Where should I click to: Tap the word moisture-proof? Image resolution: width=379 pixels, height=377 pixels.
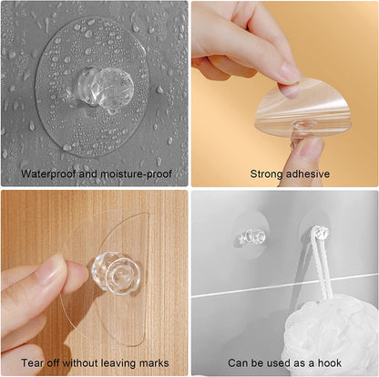click(x=136, y=174)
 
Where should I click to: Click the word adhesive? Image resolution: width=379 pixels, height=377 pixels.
click(x=308, y=173)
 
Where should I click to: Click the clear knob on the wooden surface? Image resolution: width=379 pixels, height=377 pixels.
click(x=117, y=273)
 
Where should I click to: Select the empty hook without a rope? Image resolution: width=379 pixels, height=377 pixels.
click(x=251, y=236)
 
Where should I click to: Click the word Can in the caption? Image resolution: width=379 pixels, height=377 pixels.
click(x=238, y=363)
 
